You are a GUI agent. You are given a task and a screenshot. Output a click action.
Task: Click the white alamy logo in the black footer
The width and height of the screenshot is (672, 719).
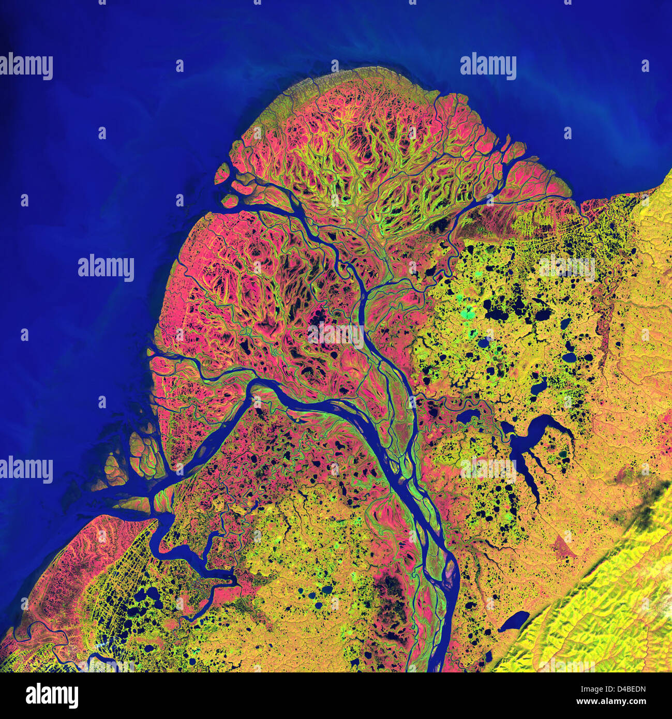pos(52,696)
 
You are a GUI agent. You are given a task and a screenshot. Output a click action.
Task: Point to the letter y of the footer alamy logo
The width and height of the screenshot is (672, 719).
pos(73,698)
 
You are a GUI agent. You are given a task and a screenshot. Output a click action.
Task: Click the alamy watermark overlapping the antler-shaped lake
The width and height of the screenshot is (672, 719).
pos(489,468)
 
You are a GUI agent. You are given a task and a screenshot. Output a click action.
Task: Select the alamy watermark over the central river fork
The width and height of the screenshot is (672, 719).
pos(336,334)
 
